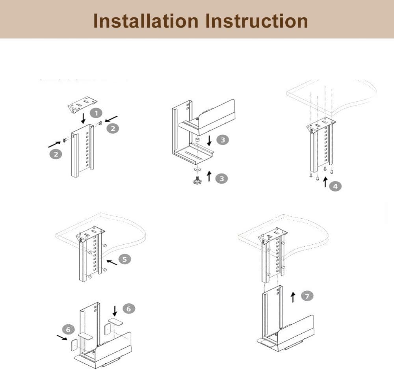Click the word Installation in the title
pos(146,21)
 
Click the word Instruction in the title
pos(256,21)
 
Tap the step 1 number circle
pos(97,113)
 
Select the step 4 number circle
pos(335,186)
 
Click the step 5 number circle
pos(125,259)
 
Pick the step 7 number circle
pos(307,296)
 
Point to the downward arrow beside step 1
pos(84,118)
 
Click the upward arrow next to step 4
pos(325,182)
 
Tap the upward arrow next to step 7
pos(293,297)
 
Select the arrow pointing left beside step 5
pos(112,262)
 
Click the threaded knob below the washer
pos(198,180)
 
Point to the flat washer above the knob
pos(198,169)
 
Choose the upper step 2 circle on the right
pos(113,129)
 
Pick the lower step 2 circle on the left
pos(56,154)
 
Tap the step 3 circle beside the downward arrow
pos(223,140)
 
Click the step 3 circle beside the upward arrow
pos(221,178)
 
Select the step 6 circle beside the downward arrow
pos(129,309)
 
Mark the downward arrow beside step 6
pos(115,311)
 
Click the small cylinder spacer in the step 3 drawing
pos(197,139)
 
